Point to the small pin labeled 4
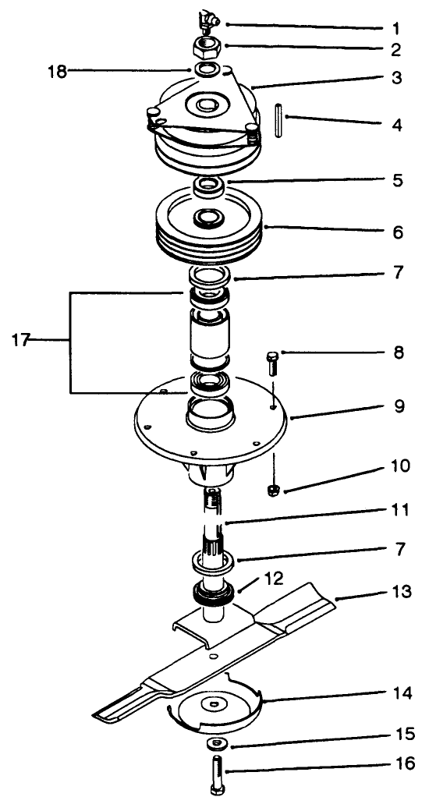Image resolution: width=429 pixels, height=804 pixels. pyautogui.click(x=278, y=122)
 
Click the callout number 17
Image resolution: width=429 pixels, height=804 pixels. pyautogui.click(x=22, y=340)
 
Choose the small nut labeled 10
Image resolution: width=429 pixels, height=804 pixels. pyautogui.click(x=273, y=489)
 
